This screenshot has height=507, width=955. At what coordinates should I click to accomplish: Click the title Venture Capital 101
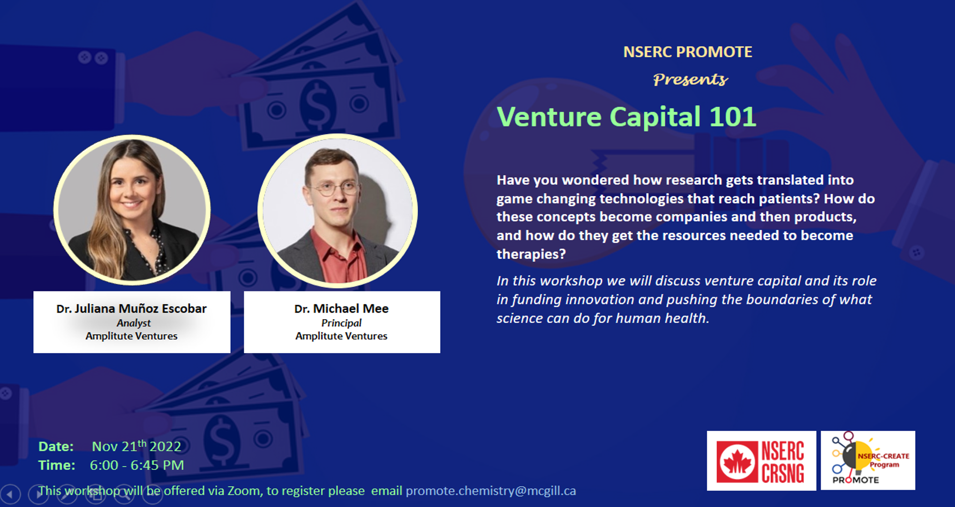pyautogui.click(x=626, y=116)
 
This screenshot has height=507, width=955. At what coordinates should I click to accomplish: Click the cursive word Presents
pyautogui.click(x=691, y=79)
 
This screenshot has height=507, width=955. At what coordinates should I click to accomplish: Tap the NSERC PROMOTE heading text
pyautogui.click(x=688, y=52)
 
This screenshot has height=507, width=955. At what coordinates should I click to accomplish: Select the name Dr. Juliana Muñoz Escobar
pyautogui.click(x=131, y=308)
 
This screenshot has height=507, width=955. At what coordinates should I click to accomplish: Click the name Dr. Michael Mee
pyautogui.click(x=341, y=308)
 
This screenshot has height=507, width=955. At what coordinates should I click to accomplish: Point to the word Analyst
pyautogui.click(x=134, y=323)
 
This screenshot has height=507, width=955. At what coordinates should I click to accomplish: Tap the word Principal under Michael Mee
pyautogui.click(x=341, y=323)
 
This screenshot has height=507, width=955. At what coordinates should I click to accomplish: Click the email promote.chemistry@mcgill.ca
pyautogui.click(x=491, y=491)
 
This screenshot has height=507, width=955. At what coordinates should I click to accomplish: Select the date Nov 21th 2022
pyautogui.click(x=136, y=446)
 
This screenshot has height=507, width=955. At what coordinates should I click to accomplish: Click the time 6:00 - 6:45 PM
pyautogui.click(x=137, y=465)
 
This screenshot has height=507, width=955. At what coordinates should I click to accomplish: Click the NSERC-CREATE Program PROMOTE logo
pyautogui.click(x=868, y=461)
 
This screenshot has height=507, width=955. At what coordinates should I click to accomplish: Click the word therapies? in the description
pyautogui.click(x=531, y=254)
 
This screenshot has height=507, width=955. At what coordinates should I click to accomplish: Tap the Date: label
pyautogui.click(x=56, y=446)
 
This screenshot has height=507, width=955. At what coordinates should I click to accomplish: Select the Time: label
pyautogui.click(x=57, y=465)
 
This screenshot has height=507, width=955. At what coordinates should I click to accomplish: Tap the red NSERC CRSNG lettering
pyautogui.click(x=782, y=462)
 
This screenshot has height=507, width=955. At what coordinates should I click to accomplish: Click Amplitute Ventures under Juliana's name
pyautogui.click(x=131, y=336)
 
